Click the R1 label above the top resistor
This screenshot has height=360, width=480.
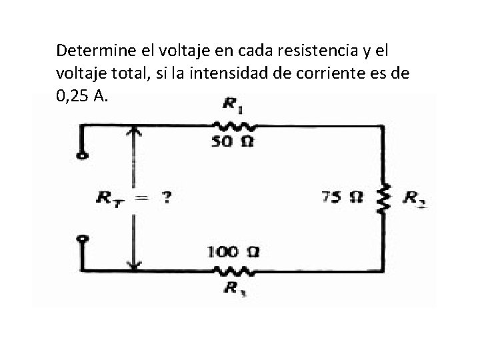click(231, 104)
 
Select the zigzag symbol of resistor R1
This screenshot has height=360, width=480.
click(231, 125)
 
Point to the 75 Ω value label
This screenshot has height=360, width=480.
click(343, 197)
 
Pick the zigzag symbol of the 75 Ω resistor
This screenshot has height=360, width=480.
click(383, 197)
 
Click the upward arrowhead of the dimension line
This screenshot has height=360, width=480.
click(135, 131)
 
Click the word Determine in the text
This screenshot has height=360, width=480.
click(90, 50)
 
